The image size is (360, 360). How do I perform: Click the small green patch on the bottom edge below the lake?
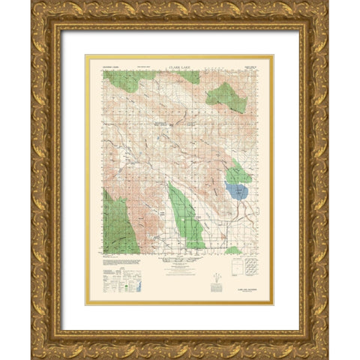click(x=233, y=250)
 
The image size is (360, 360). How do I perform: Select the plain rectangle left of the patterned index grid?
click(x=233, y=268)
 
